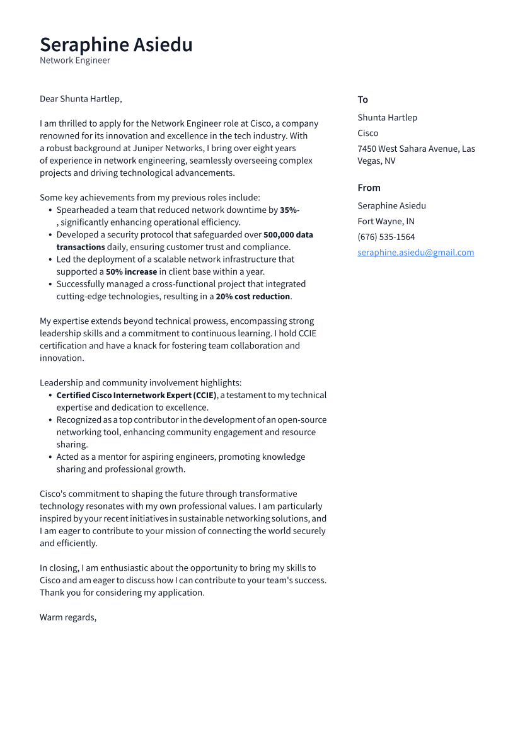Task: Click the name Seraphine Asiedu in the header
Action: point(116,45)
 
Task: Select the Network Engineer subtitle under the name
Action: point(75,60)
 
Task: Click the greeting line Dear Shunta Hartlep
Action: point(81,99)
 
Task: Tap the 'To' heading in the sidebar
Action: point(362,100)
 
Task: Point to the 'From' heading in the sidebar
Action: point(369,188)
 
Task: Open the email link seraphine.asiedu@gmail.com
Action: point(415,253)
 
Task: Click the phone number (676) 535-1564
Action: point(386,237)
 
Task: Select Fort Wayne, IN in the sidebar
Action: point(386,221)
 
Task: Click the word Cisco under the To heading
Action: point(367,133)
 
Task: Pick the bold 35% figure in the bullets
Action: point(289,210)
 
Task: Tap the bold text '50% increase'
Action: point(131,271)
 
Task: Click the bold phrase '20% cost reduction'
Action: point(253,296)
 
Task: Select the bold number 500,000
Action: point(278,234)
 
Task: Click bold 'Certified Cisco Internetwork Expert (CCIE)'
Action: point(136,395)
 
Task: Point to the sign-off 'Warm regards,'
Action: point(68,617)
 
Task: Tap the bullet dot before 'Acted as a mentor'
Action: point(50,457)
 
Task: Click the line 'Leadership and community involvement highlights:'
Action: point(141,382)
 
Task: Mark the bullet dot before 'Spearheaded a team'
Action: point(50,210)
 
